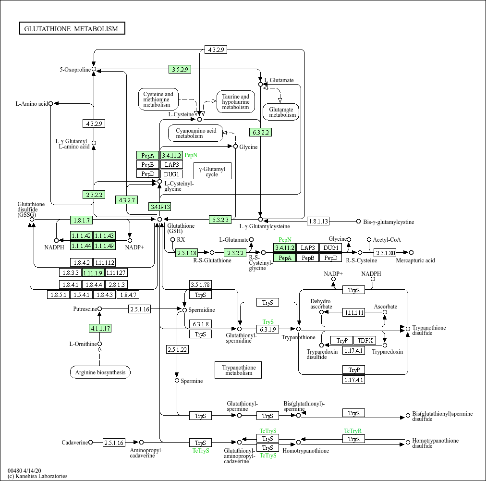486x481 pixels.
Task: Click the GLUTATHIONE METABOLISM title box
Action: [72, 29]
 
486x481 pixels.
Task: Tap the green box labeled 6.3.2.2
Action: [260, 132]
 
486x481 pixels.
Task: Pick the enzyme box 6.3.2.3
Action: [220, 220]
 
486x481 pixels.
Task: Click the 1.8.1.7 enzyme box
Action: [81, 220]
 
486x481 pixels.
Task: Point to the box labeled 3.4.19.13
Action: [160, 207]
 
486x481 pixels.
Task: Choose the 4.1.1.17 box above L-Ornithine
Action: [100, 329]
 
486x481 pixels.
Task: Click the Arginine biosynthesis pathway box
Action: [100, 372]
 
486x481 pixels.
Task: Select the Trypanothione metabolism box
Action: [238, 370]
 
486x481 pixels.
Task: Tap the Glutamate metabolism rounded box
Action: [281, 112]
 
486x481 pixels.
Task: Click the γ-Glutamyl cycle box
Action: [212, 172]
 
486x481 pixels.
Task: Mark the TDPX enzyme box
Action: [365, 340]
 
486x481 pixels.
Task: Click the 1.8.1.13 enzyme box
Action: [318, 222]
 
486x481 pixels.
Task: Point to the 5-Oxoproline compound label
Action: [75, 70]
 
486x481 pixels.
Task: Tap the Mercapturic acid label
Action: [415, 260]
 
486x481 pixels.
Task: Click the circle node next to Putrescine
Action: [100, 309]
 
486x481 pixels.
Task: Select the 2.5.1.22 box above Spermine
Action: [177, 349]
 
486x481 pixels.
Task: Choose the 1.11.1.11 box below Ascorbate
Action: [353, 312]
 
